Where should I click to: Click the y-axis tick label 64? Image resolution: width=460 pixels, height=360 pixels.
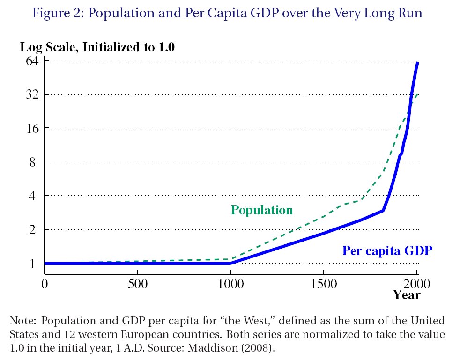[x=32, y=61]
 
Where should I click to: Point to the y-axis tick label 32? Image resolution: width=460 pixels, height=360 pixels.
[x=32, y=95]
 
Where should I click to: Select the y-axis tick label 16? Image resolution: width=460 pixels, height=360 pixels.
[x=33, y=128]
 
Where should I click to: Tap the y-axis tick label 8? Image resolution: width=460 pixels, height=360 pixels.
[x=32, y=162]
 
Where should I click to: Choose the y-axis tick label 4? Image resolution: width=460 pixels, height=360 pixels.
[x=32, y=196]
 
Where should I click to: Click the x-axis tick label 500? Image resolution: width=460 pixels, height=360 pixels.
[x=138, y=284]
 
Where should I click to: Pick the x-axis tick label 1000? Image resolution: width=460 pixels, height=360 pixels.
[x=230, y=284]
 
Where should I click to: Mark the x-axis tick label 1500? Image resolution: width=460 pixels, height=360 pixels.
[x=324, y=284]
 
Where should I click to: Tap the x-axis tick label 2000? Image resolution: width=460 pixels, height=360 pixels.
[x=416, y=284]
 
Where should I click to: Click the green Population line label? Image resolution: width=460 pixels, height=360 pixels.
[x=262, y=210]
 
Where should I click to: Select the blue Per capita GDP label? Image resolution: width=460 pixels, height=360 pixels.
[x=387, y=251]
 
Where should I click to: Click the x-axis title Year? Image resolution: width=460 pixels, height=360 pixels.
[x=407, y=295]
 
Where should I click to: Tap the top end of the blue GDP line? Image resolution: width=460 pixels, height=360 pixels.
[x=417, y=63]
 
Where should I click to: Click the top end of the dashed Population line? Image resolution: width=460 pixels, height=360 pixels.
[x=417, y=95]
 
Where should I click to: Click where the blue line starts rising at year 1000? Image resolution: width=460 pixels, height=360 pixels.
[x=230, y=263]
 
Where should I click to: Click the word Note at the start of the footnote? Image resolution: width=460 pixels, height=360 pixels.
[x=22, y=321]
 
